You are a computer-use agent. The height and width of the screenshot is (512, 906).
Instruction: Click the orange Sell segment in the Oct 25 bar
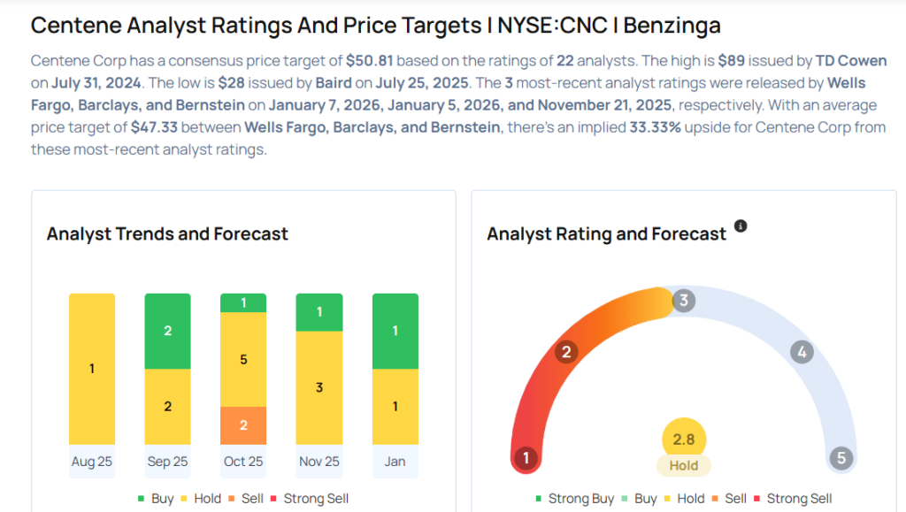point(243,425)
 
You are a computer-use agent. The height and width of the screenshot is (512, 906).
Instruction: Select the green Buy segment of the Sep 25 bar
point(167,331)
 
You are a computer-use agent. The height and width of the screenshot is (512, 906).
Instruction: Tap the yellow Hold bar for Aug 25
point(92,369)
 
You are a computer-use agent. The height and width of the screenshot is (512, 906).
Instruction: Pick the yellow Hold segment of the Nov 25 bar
point(319,387)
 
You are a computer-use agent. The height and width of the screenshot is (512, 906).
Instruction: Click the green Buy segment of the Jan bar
point(395,331)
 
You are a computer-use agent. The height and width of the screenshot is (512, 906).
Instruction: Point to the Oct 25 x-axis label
point(243,462)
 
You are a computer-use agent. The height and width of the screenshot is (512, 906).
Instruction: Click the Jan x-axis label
point(395,462)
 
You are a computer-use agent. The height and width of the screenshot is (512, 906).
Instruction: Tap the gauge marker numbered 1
point(526,458)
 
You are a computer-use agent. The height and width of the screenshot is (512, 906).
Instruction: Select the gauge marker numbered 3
point(683,301)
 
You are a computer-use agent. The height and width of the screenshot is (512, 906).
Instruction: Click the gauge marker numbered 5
point(841,458)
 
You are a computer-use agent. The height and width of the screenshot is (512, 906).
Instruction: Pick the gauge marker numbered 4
point(802,352)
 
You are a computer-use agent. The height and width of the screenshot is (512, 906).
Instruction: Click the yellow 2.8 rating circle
point(684,439)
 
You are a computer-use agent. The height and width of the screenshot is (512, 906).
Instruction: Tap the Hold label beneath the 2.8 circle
point(684,465)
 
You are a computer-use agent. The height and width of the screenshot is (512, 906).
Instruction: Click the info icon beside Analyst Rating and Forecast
point(741,226)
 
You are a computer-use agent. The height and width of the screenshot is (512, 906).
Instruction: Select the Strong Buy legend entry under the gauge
point(575,499)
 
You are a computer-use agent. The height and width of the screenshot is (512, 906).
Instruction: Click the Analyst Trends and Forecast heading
point(167,234)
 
